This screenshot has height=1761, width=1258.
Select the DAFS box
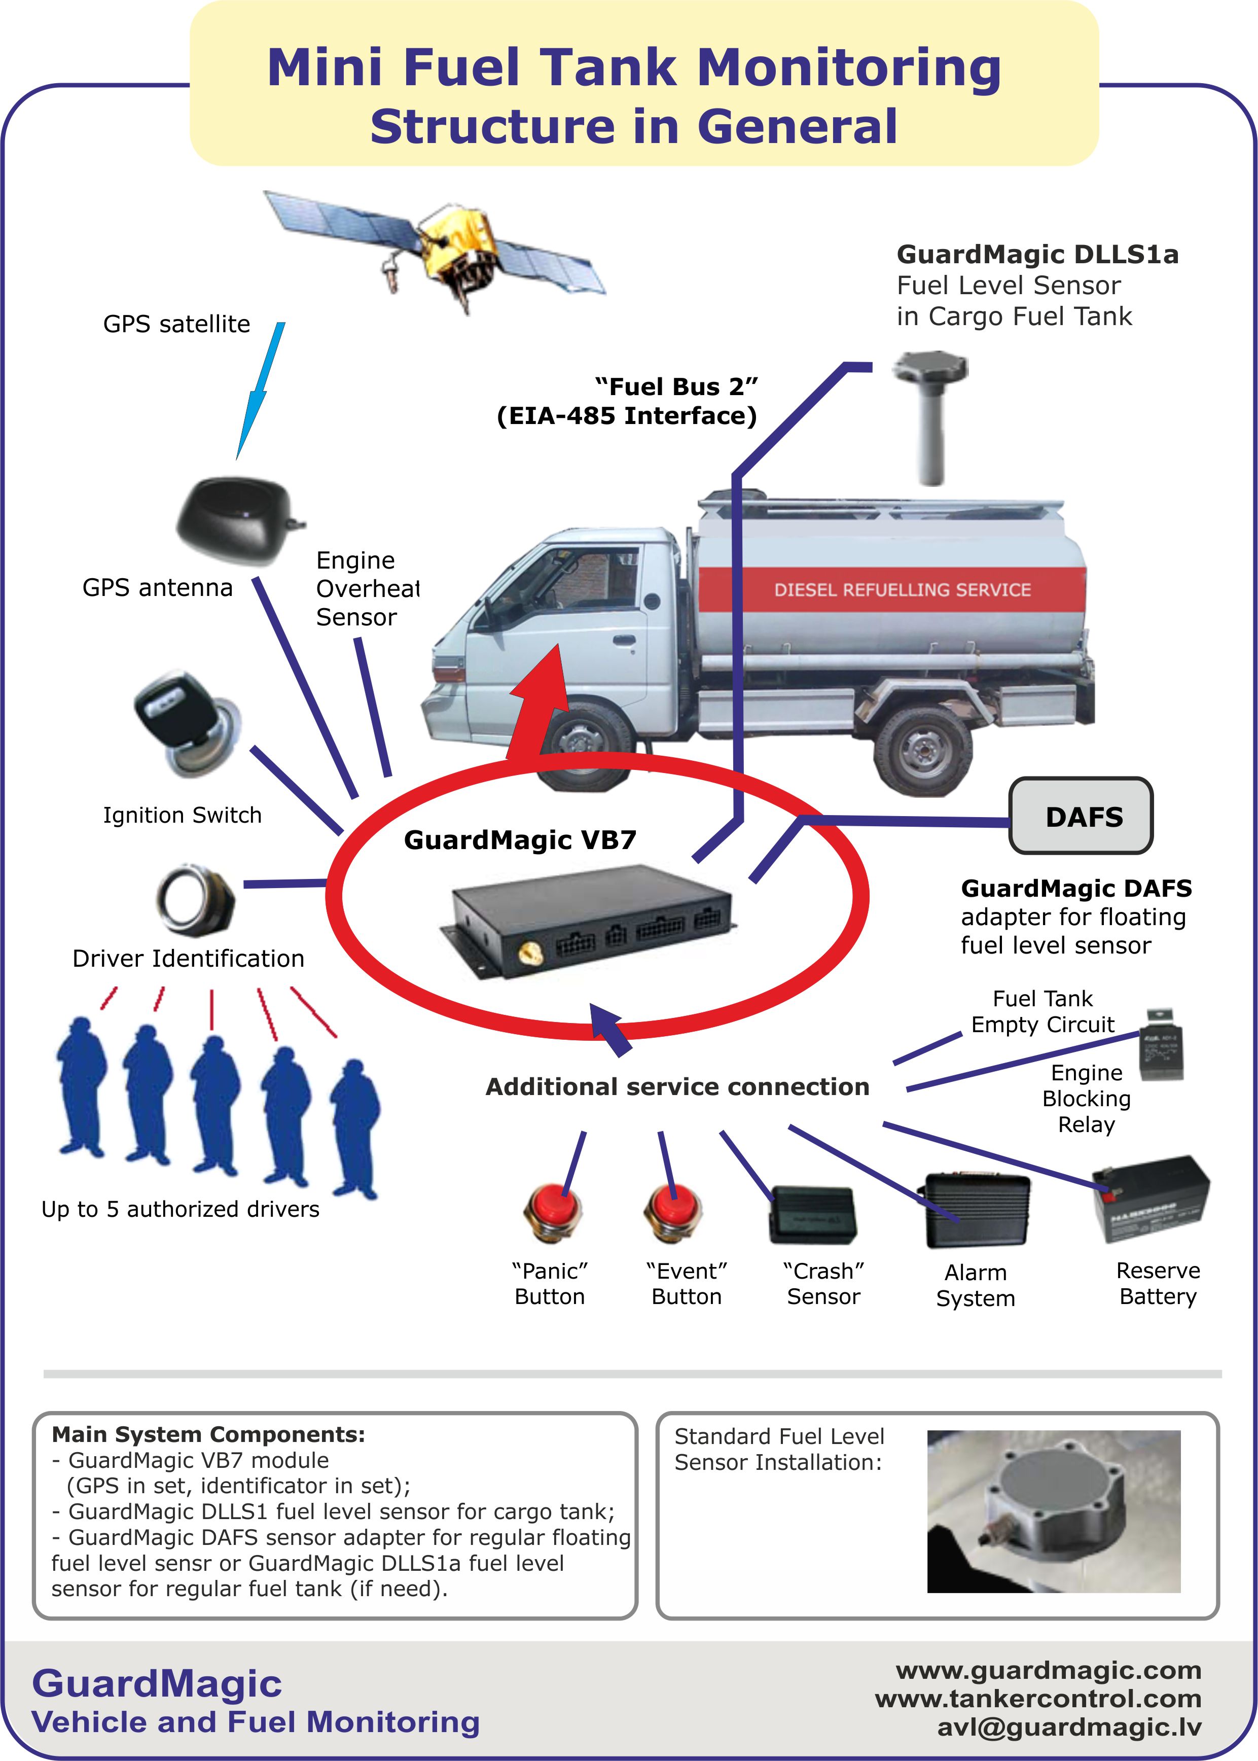(x=1081, y=816)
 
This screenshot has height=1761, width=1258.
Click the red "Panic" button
(x=552, y=1210)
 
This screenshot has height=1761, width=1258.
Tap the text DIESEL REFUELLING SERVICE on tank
(x=903, y=589)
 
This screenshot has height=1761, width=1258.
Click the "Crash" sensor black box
(x=813, y=1214)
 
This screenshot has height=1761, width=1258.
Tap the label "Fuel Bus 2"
(x=676, y=386)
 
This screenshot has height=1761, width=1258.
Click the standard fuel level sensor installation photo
(x=1054, y=1511)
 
